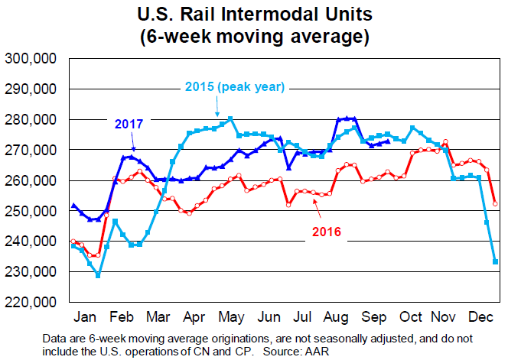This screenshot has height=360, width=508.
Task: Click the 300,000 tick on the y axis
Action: (x=33, y=59)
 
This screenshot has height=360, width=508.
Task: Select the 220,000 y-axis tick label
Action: (x=33, y=302)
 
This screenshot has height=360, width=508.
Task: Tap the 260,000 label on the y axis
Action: (x=33, y=180)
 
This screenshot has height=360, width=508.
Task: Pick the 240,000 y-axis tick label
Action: (x=33, y=242)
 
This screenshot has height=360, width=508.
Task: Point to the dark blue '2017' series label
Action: (x=129, y=122)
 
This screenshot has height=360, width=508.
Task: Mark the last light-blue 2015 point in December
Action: (x=496, y=261)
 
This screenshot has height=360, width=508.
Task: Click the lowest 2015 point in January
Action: (x=97, y=274)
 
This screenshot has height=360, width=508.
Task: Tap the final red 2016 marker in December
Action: (x=496, y=203)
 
